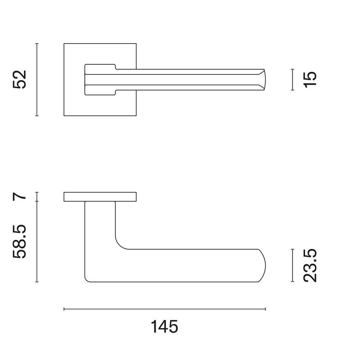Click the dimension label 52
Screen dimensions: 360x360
point(20,80)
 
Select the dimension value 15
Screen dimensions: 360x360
point(310,80)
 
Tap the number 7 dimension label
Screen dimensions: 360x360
point(20,197)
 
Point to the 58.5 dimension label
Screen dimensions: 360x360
point(20,242)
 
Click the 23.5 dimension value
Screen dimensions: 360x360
point(310,265)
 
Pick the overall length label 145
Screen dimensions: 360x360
point(164,327)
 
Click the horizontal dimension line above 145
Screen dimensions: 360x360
point(165,309)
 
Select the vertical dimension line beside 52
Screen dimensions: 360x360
point(37,80)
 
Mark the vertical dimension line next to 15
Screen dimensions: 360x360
point(292,80)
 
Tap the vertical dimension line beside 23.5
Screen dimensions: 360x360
point(292,265)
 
